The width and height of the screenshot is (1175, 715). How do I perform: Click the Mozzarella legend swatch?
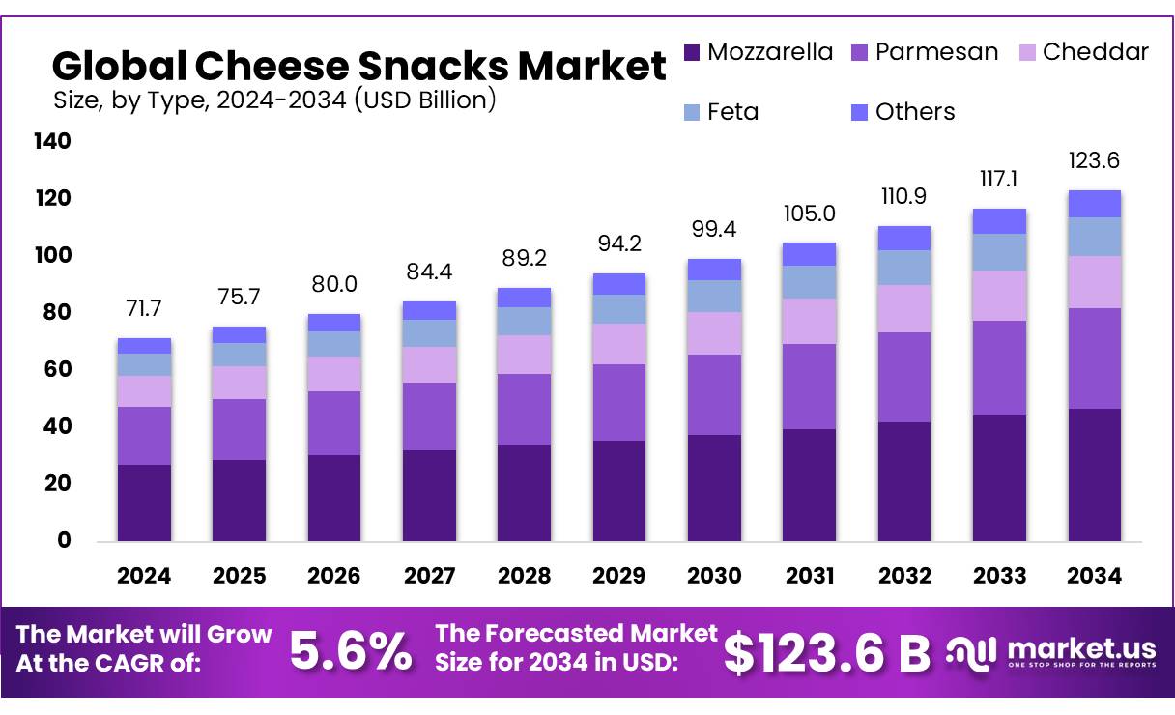coord(691,52)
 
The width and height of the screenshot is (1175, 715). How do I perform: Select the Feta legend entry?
coord(732,112)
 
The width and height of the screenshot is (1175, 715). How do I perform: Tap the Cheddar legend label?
coord(1096,52)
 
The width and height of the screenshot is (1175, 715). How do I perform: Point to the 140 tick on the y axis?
coord(51,142)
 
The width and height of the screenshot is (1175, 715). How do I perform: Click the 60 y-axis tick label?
coord(58,370)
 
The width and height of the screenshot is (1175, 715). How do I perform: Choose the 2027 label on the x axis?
coord(429,576)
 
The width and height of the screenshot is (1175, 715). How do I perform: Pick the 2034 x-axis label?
coord(1095,576)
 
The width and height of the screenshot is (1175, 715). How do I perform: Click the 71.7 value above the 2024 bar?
coord(144,309)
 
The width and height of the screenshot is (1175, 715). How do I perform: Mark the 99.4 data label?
coord(714,230)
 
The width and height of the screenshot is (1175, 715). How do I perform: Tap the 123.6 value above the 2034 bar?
coord(1095,160)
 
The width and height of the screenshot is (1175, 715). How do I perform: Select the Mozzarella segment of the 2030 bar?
coord(714,487)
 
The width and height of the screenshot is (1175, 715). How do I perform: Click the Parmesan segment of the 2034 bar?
coord(1095,358)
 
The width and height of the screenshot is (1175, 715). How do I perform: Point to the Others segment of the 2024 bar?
coord(144,346)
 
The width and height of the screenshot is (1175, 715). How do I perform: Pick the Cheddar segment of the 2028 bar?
coord(524,355)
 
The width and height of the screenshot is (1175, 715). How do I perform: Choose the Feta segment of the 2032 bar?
coord(904,268)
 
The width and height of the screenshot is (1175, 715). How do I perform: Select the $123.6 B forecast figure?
coord(826,653)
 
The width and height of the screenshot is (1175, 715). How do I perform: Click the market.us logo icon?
coord(969,651)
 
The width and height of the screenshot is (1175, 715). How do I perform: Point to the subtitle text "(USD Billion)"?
coord(425,99)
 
